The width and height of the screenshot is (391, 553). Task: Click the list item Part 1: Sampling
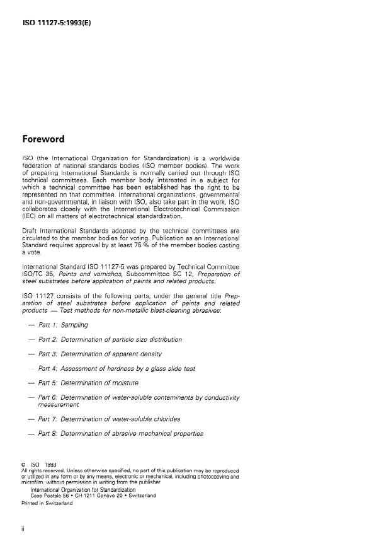pyautogui.click(x=63, y=325)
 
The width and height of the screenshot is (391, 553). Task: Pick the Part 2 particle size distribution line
pyautogui.click(x=110, y=339)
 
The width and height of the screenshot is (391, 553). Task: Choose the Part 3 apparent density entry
pyautogui.click(x=101, y=354)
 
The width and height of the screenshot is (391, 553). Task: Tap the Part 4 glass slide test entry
pyautogui.click(x=116, y=368)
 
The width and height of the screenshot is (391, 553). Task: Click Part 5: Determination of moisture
pyautogui.click(x=88, y=383)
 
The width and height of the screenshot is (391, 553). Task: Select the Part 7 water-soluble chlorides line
pyautogui.click(x=109, y=419)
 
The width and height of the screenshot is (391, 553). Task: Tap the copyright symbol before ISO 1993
pyautogui.click(x=23, y=465)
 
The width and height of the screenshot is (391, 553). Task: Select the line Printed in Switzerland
pyautogui.click(x=47, y=503)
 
